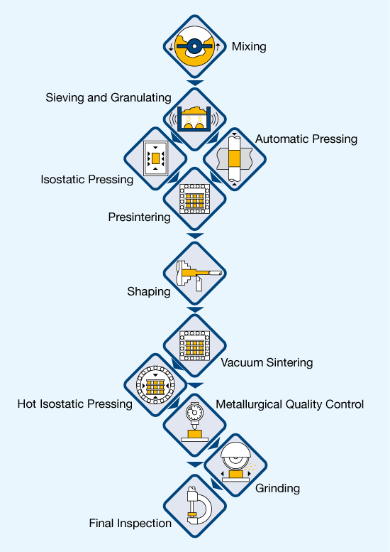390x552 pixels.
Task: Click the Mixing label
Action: point(249,46)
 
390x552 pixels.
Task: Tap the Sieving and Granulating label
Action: point(108,97)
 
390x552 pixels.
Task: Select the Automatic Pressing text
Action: point(306,139)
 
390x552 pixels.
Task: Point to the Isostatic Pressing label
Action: point(87,179)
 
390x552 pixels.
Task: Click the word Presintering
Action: point(139,217)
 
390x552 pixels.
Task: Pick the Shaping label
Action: point(149,291)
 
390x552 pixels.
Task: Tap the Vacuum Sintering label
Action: point(267,362)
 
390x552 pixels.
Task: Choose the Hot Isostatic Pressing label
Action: point(75,404)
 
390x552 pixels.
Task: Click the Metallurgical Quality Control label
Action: point(289,404)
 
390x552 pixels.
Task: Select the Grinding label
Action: point(277,488)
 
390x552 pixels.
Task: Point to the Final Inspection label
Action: point(130,523)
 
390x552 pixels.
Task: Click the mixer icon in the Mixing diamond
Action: point(194,46)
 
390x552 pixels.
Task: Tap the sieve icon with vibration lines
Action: point(194,119)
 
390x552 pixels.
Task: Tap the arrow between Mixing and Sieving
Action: point(195,82)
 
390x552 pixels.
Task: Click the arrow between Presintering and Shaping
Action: point(195,235)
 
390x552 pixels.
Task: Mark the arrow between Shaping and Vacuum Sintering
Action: point(195,310)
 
